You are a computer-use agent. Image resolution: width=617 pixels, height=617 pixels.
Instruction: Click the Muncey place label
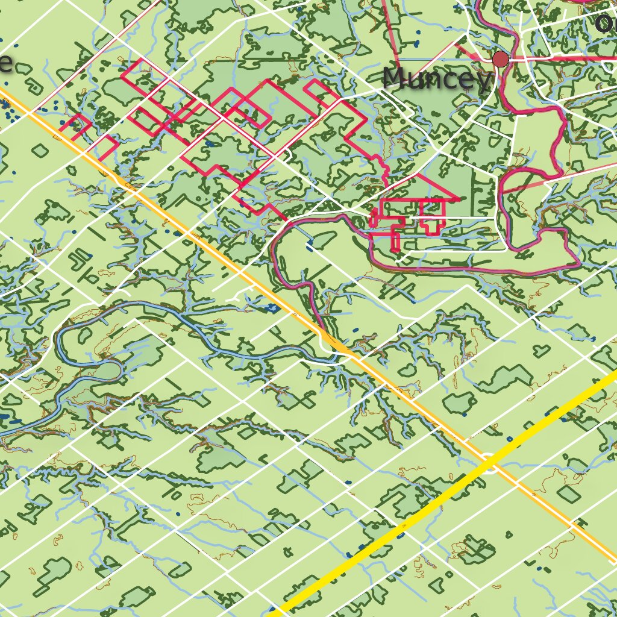[x=436, y=79]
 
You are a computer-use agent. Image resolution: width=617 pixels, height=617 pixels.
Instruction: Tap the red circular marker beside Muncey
[x=500, y=59]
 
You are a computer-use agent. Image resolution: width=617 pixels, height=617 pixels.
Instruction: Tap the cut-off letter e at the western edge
[x=5, y=63]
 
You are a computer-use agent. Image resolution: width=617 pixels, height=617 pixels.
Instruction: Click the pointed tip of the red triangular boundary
[x=459, y=199]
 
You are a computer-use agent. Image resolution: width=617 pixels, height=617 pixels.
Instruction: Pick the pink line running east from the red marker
[x=554, y=58]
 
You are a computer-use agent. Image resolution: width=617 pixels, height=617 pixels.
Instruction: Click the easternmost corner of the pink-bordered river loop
[x=580, y=263]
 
